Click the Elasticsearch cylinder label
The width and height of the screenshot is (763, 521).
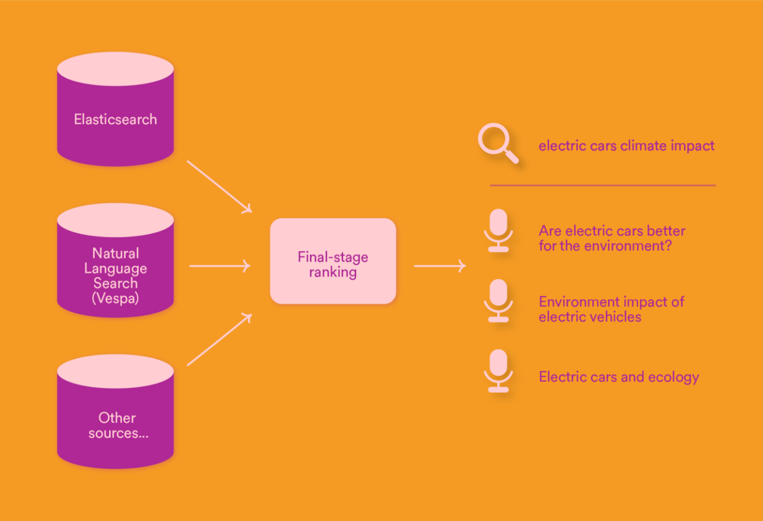(x=115, y=119)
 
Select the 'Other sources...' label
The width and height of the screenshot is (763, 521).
(x=118, y=426)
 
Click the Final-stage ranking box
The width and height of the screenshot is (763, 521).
(x=333, y=261)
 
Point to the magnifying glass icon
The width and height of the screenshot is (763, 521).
(x=497, y=143)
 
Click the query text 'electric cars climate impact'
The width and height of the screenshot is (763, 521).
(x=626, y=146)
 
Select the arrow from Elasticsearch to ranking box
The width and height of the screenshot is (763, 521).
(x=219, y=186)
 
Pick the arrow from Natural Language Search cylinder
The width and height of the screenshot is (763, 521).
(x=220, y=266)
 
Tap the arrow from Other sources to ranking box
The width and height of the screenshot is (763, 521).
(x=219, y=340)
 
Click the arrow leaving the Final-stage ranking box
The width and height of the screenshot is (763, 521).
(x=440, y=266)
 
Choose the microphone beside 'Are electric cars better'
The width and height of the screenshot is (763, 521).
(x=498, y=230)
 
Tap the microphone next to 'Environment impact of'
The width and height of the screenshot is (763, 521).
(x=498, y=301)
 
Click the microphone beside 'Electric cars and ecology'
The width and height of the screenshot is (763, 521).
(x=498, y=371)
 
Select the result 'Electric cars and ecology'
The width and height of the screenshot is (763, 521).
(x=618, y=377)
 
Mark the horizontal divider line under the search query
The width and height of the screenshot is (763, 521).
(x=603, y=185)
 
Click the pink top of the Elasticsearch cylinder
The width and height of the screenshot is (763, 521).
(x=115, y=69)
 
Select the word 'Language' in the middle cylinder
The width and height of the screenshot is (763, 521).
(x=115, y=268)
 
